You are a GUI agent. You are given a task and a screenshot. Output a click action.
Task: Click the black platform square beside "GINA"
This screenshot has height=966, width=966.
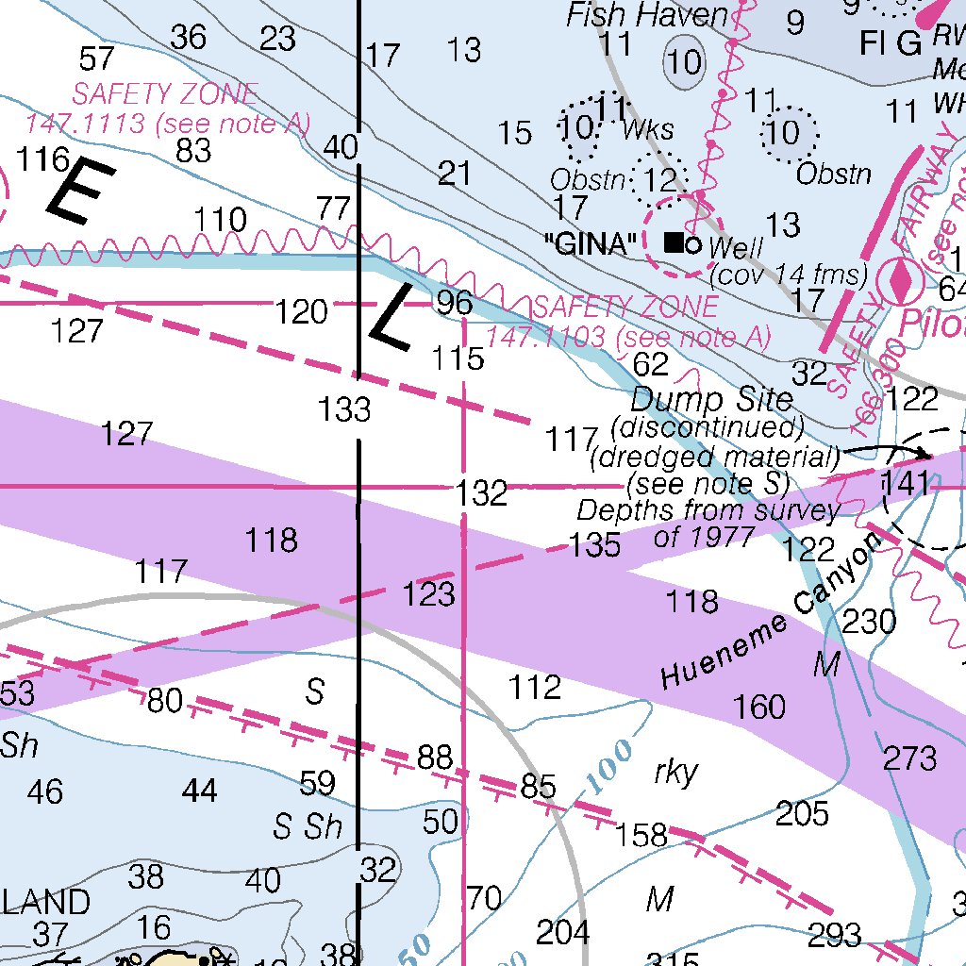point(674,242)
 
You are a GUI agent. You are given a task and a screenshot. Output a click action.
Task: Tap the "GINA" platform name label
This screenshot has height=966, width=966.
point(591,244)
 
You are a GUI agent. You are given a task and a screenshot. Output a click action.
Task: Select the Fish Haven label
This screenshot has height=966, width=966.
point(647,15)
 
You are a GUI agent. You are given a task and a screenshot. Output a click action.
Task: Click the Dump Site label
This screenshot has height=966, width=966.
point(712,398)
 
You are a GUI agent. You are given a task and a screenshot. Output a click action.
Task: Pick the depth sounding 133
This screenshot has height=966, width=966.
point(344,409)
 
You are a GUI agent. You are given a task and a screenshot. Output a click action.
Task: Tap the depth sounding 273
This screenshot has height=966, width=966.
point(910,758)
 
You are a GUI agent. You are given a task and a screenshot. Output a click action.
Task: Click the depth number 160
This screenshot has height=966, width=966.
point(759,706)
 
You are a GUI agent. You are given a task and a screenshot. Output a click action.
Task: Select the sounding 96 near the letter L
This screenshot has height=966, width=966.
point(453,303)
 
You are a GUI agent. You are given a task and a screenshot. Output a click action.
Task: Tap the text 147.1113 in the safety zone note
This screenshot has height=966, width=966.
point(84,124)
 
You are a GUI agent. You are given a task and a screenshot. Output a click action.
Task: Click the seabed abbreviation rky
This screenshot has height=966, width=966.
point(675,773)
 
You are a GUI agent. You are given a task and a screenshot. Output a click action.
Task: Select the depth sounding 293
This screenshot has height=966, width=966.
point(835,935)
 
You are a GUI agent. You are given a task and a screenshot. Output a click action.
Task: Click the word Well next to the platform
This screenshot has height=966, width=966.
point(735,249)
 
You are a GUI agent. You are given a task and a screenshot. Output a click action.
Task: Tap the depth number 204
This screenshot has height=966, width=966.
point(563,933)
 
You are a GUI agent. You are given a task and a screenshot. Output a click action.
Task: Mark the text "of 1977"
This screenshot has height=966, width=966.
point(704,537)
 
